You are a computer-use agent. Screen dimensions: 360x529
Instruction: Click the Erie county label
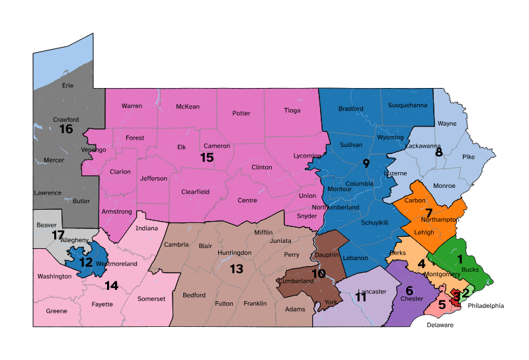[x=67, y=86]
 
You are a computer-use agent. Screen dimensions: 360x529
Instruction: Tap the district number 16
[x=65, y=128]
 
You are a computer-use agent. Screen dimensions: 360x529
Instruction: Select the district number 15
[x=207, y=157]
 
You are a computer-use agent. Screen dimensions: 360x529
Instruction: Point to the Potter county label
[x=241, y=113]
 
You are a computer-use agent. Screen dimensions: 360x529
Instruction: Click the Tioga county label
[x=292, y=111]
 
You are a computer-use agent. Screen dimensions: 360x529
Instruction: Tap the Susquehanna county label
[x=407, y=105]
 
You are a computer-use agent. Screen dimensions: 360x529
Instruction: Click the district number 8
[x=438, y=153]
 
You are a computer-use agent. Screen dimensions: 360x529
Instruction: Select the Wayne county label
[x=447, y=124]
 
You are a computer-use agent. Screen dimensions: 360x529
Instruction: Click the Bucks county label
[x=469, y=269]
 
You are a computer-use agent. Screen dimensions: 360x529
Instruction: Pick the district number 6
[x=409, y=291]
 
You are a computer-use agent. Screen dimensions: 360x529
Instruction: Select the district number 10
[x=319, y=274]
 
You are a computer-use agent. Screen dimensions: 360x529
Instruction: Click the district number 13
[x=237, y=269]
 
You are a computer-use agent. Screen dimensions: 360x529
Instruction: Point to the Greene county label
[x=56, y=311]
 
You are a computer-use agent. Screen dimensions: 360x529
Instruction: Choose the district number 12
[x=86, y=262]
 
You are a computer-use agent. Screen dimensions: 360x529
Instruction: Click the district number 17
[x=58, y=235]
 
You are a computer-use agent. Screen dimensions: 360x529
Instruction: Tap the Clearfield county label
[x=195, y=192]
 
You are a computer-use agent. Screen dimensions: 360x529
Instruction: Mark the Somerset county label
[x=151, y=298]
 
